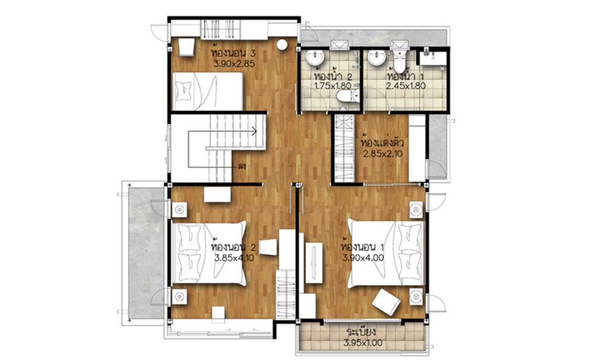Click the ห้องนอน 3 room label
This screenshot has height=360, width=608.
[x=233, y=53]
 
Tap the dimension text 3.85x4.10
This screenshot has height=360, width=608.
[x=234, y=258]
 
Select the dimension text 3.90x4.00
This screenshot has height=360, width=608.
[x=363, y=258]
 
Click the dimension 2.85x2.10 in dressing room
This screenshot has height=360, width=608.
[x=383, y=154]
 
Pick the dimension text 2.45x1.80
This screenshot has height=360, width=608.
[x=405, y=86]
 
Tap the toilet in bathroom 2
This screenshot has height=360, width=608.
[x=347, y=96]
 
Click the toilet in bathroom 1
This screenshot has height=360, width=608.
[x=399, y=60]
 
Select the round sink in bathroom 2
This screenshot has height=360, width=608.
[x=315, y=58]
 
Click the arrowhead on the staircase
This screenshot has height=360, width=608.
[x=254, y=132]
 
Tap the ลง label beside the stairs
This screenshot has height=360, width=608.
[x=242, y=167]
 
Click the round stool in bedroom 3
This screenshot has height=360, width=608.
[x=282, y=44]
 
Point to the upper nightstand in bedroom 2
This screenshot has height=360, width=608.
[x=180, y=210]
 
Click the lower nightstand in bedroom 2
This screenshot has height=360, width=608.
[x=180, y=296]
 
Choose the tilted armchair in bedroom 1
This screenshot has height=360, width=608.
[x=387, y=302]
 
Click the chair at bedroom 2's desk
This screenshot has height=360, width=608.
[x=268, y=247]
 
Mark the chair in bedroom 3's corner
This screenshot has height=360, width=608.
[x=186, y=47]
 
